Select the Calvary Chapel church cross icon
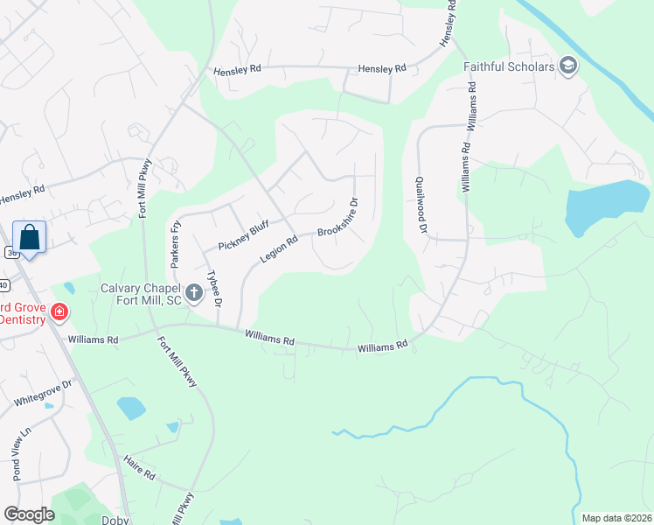click(x=194, y=292)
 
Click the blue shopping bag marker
click(x=29, y=237)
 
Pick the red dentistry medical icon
click(x=59, y=311)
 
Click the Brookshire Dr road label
click(x=339, y=220)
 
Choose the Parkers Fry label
click(x=175, y=245)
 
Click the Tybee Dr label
click(x=212, y=287)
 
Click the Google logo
click(x=29, y=514)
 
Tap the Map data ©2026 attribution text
click(x=616, y=518)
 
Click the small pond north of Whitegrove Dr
click(x=130, y=408)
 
